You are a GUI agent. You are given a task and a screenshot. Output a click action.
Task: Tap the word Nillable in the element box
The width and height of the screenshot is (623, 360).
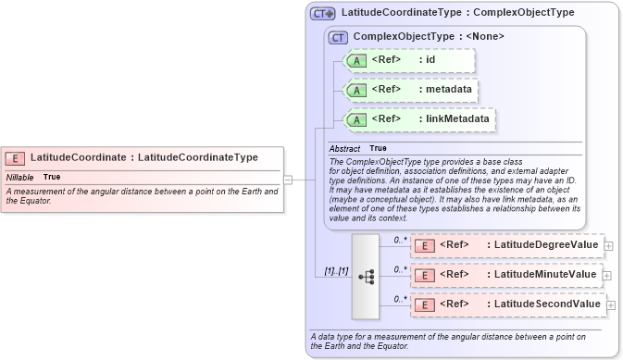(x=20, y=177)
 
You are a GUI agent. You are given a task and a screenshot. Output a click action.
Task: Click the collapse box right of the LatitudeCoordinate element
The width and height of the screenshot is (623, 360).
(x=288, y=180)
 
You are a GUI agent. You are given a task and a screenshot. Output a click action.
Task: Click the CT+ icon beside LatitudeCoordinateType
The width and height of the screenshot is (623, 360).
(x=323, y=14)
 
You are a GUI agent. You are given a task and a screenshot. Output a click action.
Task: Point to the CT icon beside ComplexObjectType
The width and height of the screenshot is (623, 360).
(x=338, y=38)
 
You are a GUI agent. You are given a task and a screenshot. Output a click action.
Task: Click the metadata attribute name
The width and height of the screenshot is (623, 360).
(x=447, y=90)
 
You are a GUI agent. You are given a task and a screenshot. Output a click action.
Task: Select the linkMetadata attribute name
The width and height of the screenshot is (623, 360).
(x=456, y=119)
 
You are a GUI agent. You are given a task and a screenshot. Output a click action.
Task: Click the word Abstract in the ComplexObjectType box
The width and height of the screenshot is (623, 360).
(x=344, y=148)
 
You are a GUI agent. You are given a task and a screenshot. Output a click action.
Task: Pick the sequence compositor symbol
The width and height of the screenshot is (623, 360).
(x=366, y=275)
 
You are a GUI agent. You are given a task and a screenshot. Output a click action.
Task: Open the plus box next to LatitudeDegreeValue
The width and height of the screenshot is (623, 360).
(x=608, y=245)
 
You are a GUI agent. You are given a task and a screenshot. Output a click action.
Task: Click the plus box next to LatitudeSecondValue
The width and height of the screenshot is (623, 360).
(x=611, y=304)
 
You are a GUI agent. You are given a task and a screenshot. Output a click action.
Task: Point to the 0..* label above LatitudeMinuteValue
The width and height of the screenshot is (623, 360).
(x=400, y=269)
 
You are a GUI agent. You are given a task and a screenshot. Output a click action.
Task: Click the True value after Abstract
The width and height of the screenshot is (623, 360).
(x=378, y=148)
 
